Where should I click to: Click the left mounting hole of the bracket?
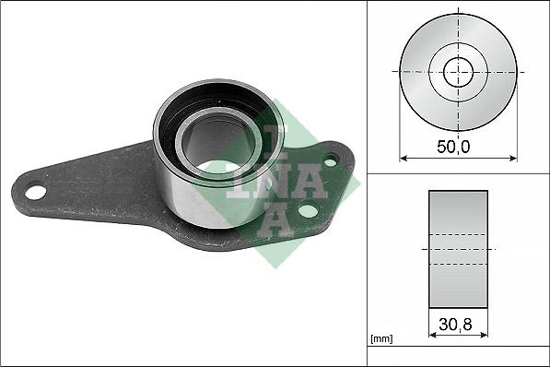pos(35,192)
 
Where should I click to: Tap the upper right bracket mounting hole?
pos(330,160)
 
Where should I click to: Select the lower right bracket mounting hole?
pos(308,211)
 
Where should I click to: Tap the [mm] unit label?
pos(381,339)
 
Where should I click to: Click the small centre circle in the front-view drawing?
pos(458,72)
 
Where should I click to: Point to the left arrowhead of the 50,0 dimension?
pos(403,158)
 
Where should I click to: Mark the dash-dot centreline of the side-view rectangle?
pos(458,249)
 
